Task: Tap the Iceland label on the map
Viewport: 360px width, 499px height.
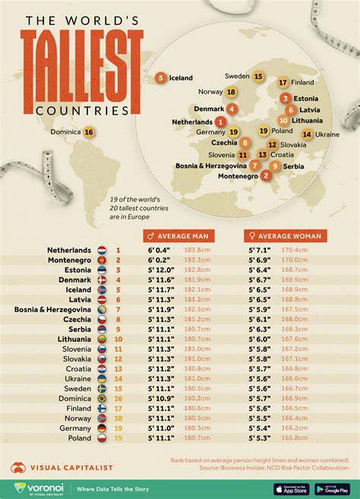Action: pos(179,77)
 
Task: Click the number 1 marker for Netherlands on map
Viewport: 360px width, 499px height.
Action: pos(221,122)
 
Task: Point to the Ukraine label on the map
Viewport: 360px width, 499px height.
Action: pos(327,134)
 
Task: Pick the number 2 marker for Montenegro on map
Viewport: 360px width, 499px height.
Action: pos(265,176)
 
